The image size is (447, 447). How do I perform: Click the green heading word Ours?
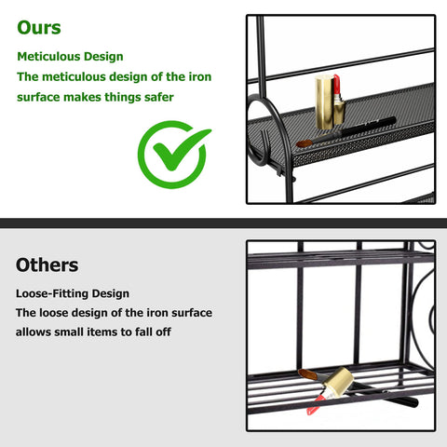39,27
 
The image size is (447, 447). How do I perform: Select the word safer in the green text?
154,96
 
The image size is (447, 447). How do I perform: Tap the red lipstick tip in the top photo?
335,88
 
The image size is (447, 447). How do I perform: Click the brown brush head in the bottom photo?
307,374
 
